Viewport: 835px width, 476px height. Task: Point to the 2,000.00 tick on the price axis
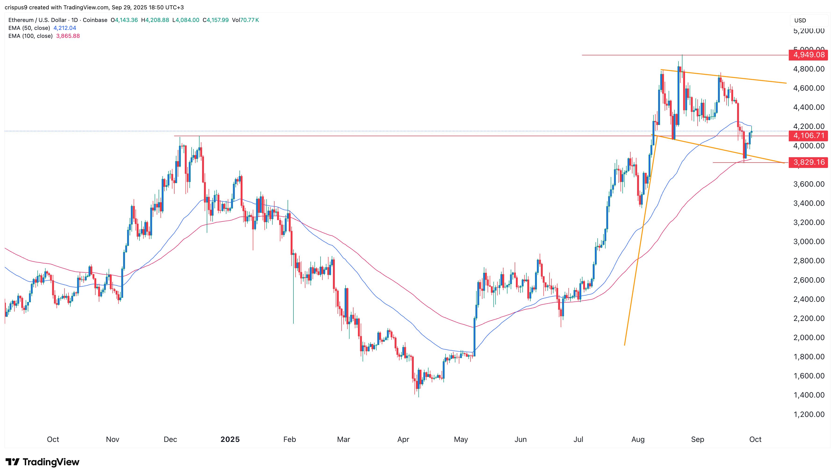(x=809, y=337)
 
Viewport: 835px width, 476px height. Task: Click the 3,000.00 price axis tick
(x=809, y=242)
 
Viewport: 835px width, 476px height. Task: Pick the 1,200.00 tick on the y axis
(x=809, y=414)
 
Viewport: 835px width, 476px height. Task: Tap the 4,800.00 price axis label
(x=809, y=69)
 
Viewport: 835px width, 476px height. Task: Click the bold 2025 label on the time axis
(x=230, y=439)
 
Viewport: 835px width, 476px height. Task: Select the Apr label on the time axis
(x=403, y=439)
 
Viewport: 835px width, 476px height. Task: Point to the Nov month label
(x=112, y=439)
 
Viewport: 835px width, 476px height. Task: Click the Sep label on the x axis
(x=697, y=439)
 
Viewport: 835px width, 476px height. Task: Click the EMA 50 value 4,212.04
(x=65, y=28)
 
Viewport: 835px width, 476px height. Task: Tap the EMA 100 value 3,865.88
(x=68, y=36)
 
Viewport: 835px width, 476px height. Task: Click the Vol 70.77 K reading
(x=245, y=20)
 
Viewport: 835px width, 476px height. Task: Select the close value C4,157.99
(x=215, y=20)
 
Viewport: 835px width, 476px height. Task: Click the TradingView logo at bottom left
(x=43, y=462)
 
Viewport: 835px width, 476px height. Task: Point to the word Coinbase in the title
(x=95, y=20)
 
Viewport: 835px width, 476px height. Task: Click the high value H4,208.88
(x=155, y=20)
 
